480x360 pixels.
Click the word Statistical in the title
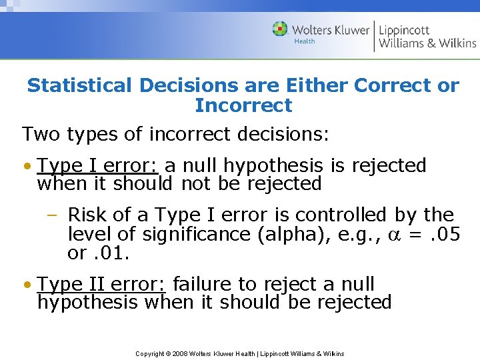click(x=79, y=85)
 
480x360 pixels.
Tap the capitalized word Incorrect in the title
click(x=243, y=105)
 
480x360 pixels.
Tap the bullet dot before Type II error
click(x=27, y=285)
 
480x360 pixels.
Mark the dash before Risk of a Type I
click(x=52, y=215)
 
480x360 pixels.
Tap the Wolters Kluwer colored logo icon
click(x=280, y=29)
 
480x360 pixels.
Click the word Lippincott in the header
click(x=404, y=29)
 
